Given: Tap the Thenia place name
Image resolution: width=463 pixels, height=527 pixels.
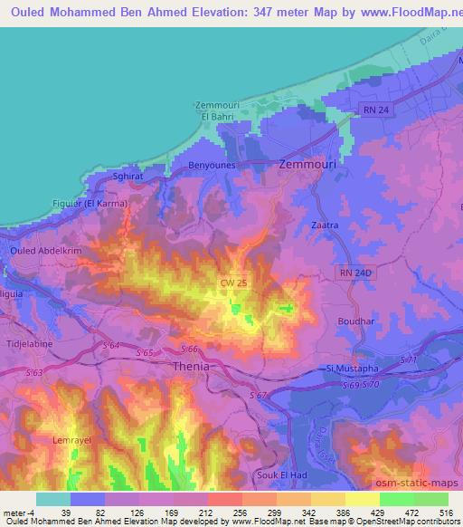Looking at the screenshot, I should pos(191,368).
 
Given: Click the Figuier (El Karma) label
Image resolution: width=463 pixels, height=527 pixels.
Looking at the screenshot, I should pos(91,204).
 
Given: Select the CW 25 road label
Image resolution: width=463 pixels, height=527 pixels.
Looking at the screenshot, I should pos(234,284).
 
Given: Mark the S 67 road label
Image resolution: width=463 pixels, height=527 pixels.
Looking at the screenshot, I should pos(261,397).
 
